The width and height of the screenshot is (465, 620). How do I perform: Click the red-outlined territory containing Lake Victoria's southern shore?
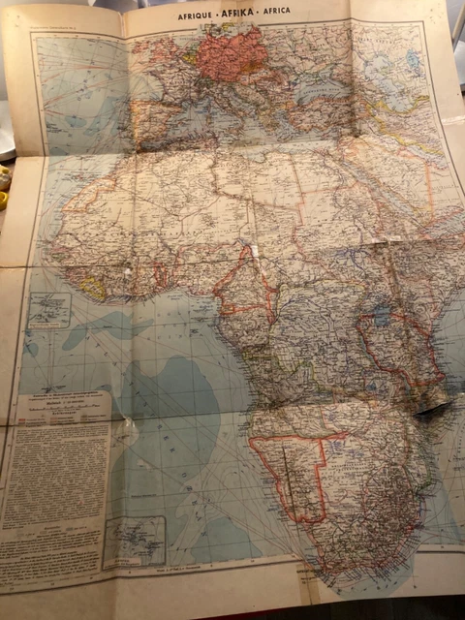coord(392,344)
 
